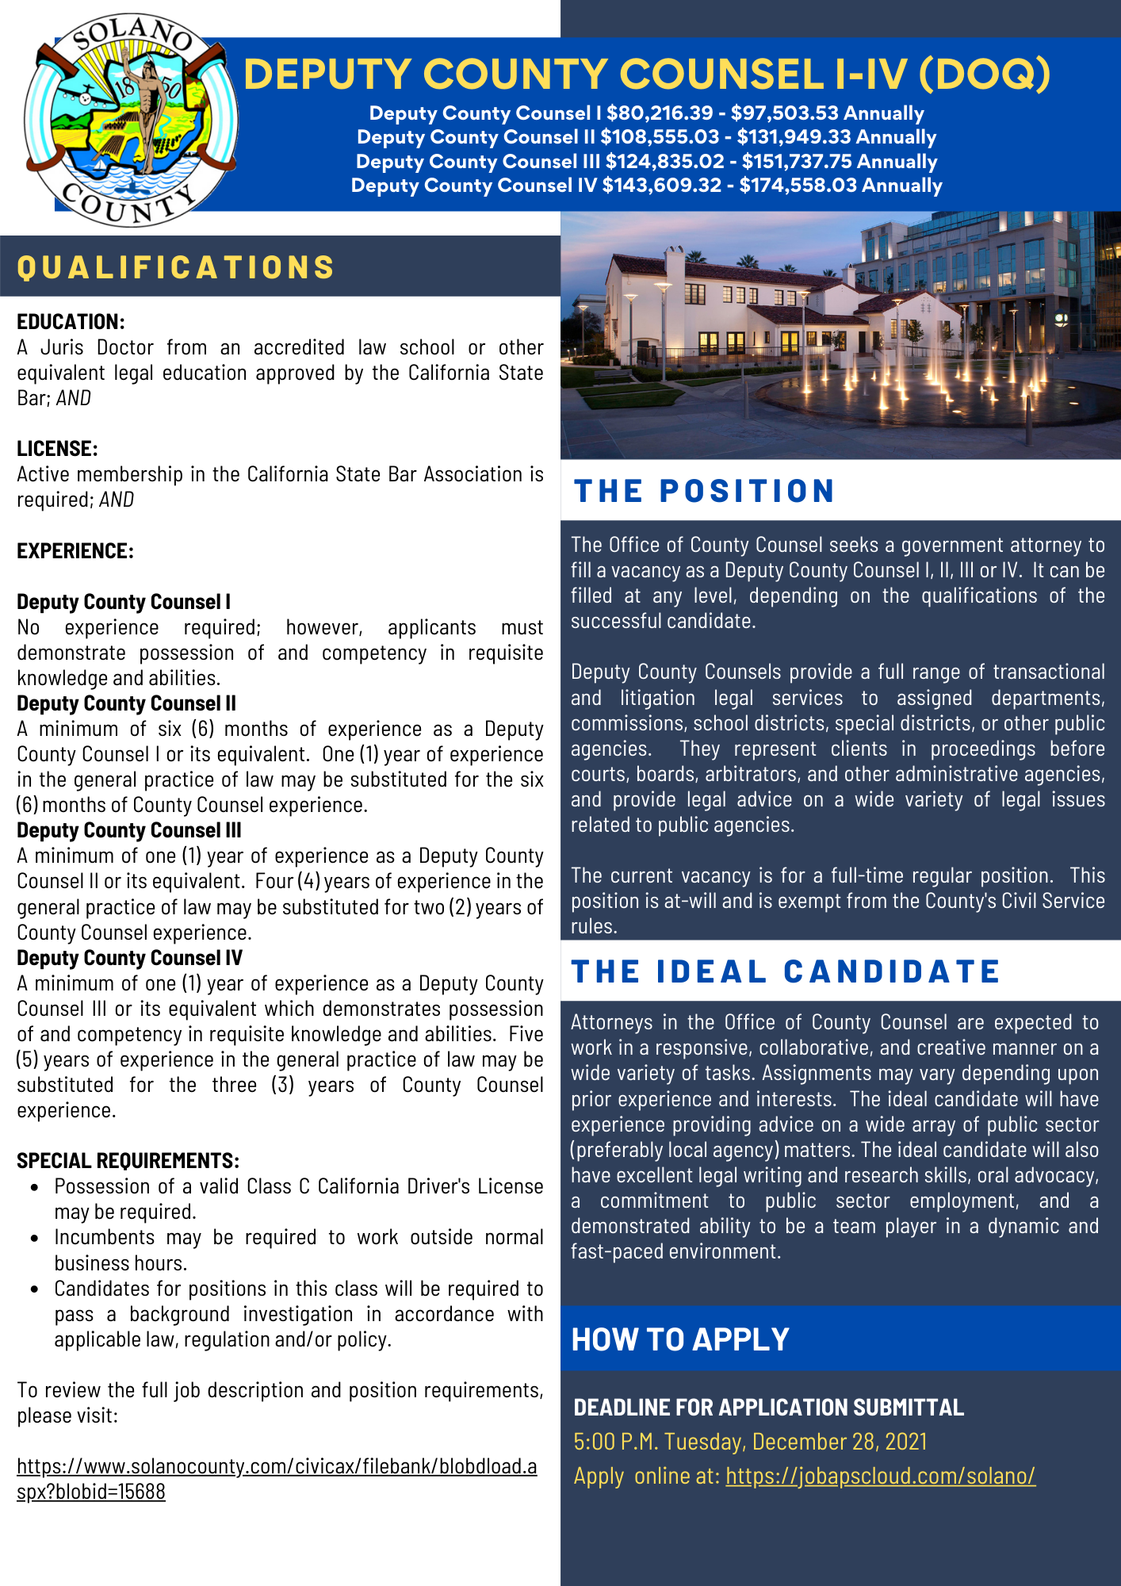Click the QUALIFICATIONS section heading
point(176,267)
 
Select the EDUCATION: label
point(71,322)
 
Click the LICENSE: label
point(57,449)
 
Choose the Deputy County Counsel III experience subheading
point(129,830)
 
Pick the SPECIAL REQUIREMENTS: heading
point(128,1161)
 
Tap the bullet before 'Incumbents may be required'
point(35,1239)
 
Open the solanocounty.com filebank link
point(277,1479)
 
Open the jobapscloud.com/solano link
point(880,1476)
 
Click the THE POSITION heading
point(704,491)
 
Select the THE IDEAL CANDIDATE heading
point(785,971)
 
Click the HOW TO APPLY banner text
point(680,1339)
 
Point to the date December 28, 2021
point(840,1442)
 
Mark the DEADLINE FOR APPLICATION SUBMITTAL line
point(768,1408)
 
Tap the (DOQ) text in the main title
point(984,74)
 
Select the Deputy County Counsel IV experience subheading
point(129,958)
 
